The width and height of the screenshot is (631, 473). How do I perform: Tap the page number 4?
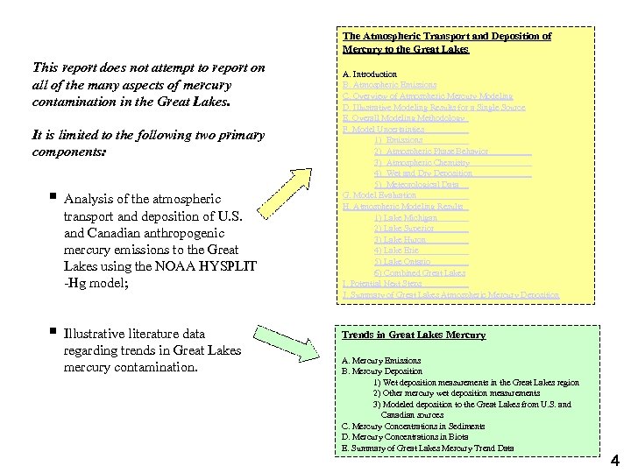click(614, 460)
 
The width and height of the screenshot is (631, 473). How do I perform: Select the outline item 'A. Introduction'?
click(369, 74)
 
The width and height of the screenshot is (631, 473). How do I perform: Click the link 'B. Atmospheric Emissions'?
click(389, 85)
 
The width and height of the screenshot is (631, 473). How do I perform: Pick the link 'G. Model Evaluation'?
click(379, 195)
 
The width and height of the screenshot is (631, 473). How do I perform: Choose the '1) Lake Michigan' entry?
click(405, 217)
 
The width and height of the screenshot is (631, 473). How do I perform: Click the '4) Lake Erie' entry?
click(396, 251)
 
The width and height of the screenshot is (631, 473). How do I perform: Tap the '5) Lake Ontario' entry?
click(401, 261)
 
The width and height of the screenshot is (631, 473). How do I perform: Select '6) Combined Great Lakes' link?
click(419, 272)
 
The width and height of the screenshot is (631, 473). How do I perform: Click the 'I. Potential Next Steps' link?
click(382, 284)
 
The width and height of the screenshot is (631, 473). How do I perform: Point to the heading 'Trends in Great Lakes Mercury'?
click(414, 335)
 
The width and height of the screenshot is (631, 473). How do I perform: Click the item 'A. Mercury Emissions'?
click(381, 361)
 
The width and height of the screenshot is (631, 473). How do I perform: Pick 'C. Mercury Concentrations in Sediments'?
click(414, 427)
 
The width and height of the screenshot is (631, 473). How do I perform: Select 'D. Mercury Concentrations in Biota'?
click(405, 437)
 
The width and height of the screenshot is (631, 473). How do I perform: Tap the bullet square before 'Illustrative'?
click(54, 333)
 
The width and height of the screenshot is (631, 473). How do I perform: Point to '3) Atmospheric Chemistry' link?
click(422, 162)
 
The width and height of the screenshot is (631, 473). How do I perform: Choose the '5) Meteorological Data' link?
click(416, 184)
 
